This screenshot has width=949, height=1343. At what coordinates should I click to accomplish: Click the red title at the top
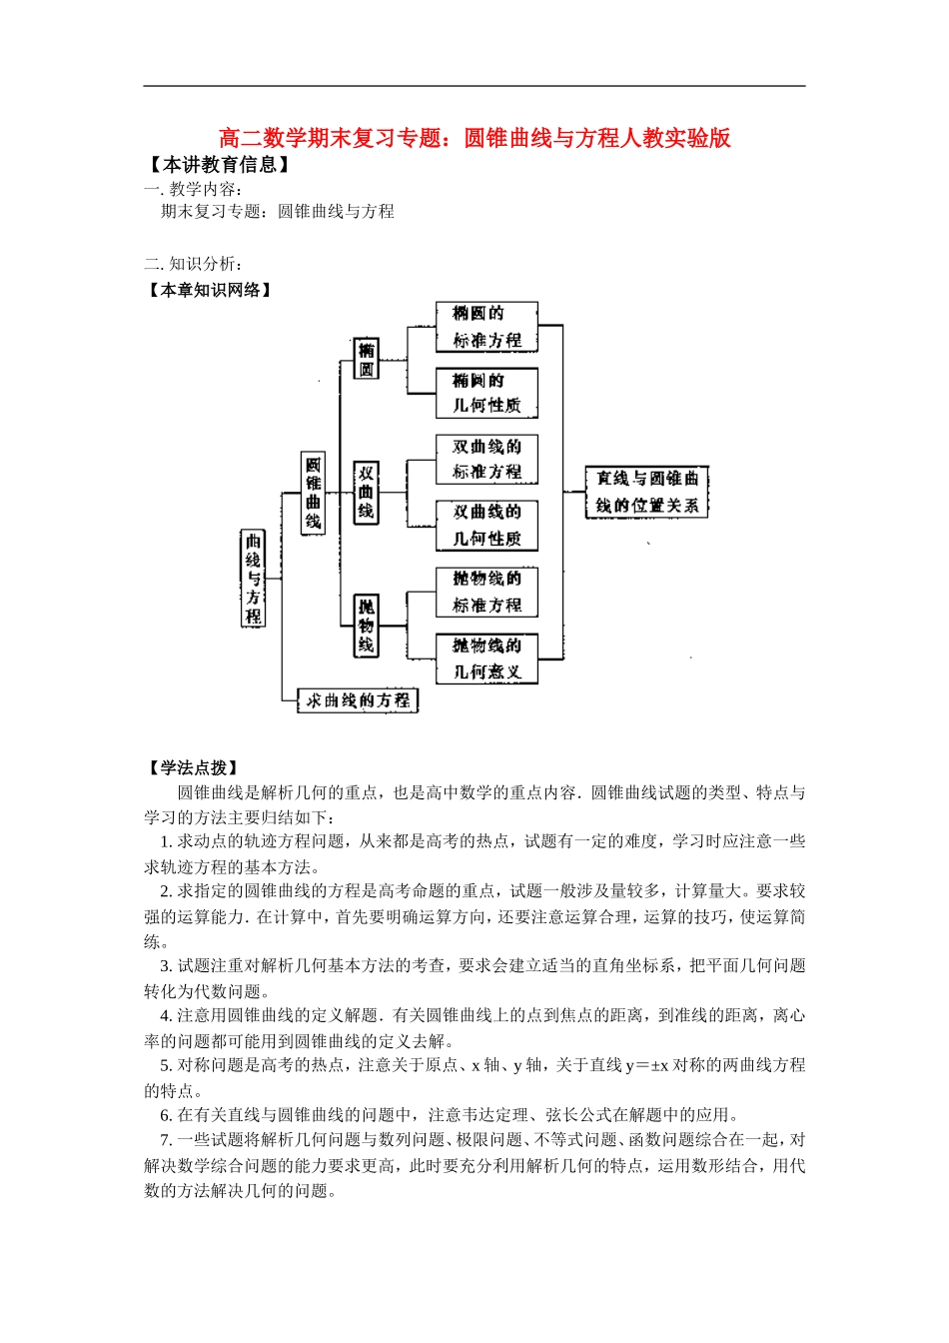(474, 138)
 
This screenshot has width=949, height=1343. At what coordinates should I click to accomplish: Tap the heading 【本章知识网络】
(209, 290)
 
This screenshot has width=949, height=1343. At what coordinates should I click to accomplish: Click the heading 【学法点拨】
(193, 767)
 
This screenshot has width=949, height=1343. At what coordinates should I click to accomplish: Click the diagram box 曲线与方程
(254, 579)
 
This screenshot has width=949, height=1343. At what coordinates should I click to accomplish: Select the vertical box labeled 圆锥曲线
(313, 493)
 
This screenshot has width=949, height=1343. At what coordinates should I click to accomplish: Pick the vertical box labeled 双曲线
(367, 492)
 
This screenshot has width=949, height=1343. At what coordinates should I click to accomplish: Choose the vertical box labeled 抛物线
(367, 626)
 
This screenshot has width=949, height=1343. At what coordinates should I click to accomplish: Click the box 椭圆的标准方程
(486, 327)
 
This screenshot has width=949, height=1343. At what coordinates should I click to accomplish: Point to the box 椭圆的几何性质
(486, 393)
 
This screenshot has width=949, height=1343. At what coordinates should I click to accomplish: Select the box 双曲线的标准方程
(486, 459)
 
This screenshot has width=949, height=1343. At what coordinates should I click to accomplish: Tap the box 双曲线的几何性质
(486, 525)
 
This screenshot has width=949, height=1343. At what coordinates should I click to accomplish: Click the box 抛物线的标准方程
(486, 592)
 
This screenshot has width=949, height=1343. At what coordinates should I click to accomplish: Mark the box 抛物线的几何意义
(486, 659)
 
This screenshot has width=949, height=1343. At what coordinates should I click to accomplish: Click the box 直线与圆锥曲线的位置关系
(646, 492)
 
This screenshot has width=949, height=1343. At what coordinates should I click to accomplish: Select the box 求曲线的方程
(358, 700)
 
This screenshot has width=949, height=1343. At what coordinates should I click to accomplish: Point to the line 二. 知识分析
(193, 264)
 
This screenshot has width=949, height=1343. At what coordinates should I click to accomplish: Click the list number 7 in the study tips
(166, 1140)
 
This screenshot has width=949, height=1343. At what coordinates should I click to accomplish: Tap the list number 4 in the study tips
(166, 1015)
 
